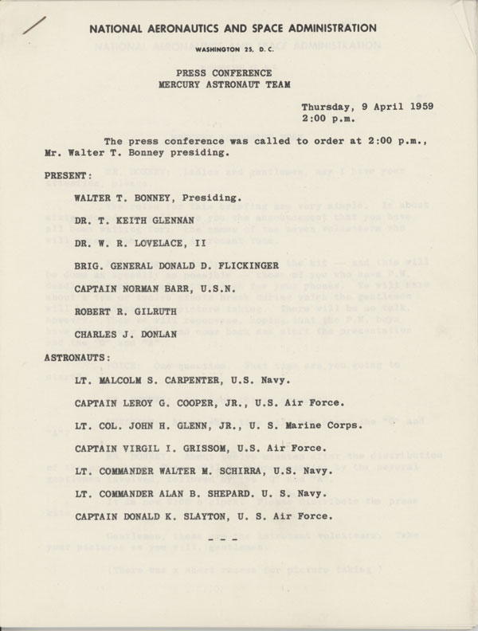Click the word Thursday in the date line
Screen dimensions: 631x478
point(329,106)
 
